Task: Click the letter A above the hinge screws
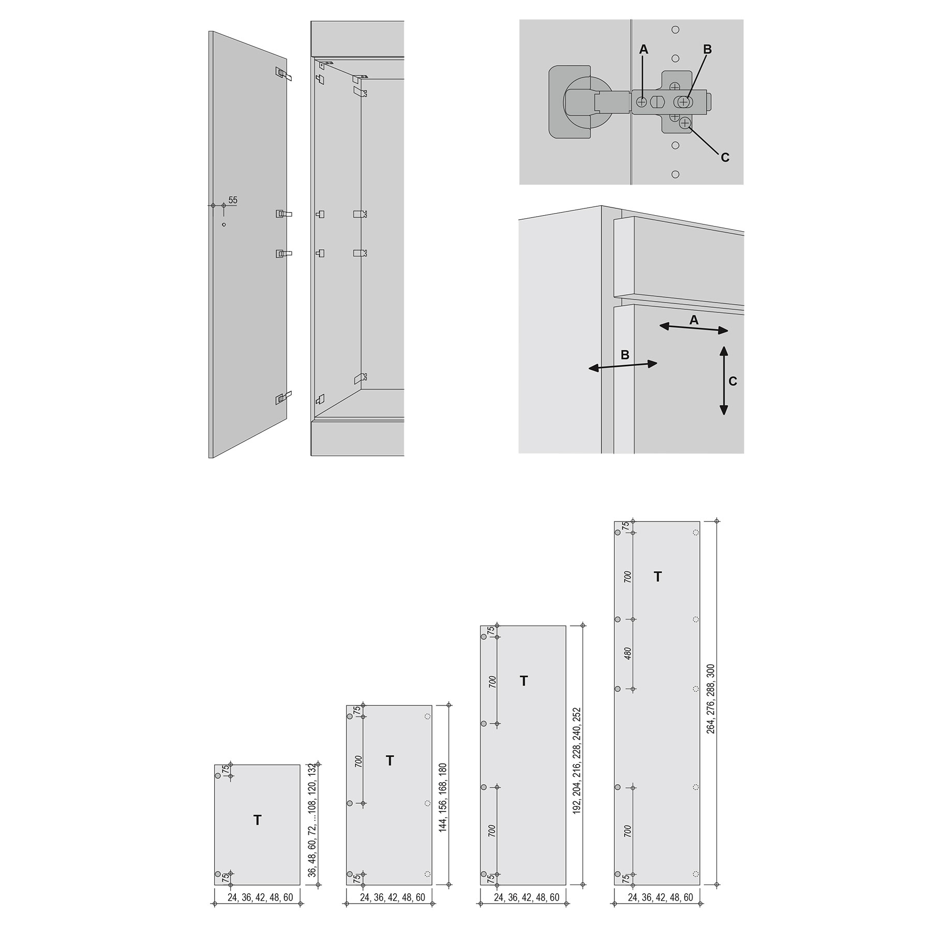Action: (x=643, y=49)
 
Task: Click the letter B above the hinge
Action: (x=708, y=49)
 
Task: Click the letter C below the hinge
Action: (x=725, y=157)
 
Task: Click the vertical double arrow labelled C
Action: (x=724, y=381)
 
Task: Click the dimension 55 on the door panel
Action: (x=233, y=200)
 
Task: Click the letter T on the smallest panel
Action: (x=257, y=820)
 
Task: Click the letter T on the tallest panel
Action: (x=657, y=577)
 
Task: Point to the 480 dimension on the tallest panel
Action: (x=628, y=654)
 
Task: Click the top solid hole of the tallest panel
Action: (x=617, y=532)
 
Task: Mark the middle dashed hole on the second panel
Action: (x=427, y=803)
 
